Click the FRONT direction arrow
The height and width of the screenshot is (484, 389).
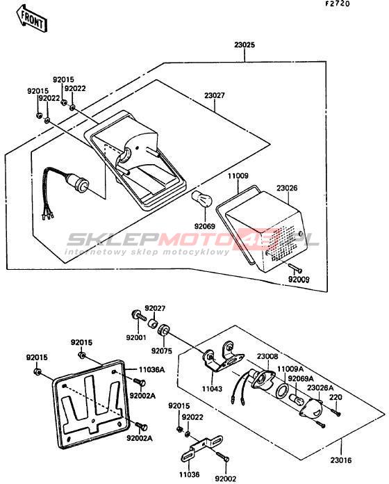coord(32,19)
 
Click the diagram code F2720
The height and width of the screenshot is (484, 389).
coord(337,4)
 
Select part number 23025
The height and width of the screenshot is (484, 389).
coord(245,45)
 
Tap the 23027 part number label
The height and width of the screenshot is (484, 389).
coord(215,95)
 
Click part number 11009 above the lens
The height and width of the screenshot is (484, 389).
coord(238,176)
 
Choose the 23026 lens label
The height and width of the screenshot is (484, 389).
coord(287,188)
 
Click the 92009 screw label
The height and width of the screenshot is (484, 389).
coord(299,280)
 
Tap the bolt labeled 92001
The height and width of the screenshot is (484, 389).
coord(140,316)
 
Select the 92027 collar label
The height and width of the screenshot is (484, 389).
coord(155,308)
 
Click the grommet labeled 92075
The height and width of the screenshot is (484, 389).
coord(163,330)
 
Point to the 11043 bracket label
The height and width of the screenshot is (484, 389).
coord(212,389)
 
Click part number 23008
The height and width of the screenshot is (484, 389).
coord(267,357)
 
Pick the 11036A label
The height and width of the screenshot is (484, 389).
coord(151,369)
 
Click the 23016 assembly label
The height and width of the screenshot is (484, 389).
coord(340,460)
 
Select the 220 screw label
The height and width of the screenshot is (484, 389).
coord(336,397)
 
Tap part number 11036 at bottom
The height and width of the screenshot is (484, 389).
coord(189,474)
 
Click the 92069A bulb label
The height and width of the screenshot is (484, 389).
coord(301,378)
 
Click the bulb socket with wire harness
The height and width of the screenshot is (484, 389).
coord(66,188)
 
